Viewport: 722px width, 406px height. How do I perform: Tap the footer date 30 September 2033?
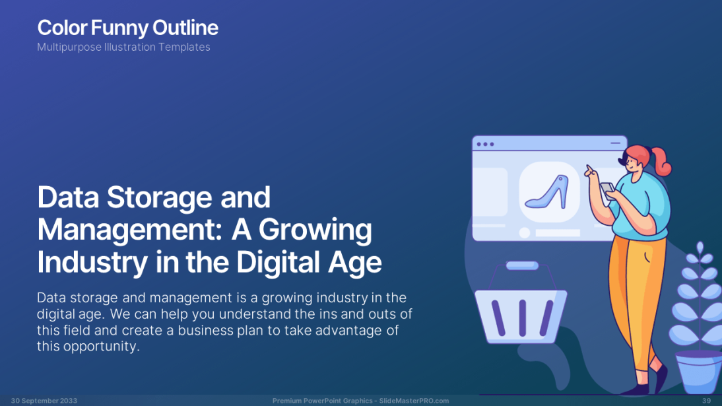click(44, 401)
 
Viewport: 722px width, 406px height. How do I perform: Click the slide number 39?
click(706, 401)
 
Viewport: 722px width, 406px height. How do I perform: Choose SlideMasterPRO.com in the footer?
click(414, 401)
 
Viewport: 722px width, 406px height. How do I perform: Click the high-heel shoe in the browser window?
click(548, 191)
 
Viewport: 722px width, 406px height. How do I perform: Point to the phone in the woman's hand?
click(607, 190)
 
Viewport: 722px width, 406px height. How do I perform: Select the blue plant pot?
click(699, 372)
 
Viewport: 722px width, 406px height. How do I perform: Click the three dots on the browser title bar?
click(485, 144)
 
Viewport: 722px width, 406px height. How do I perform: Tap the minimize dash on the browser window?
click(615, 143)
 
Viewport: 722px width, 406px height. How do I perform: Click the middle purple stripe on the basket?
click(523, 318)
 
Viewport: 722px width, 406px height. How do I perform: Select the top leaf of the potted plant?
click(700, 248)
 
